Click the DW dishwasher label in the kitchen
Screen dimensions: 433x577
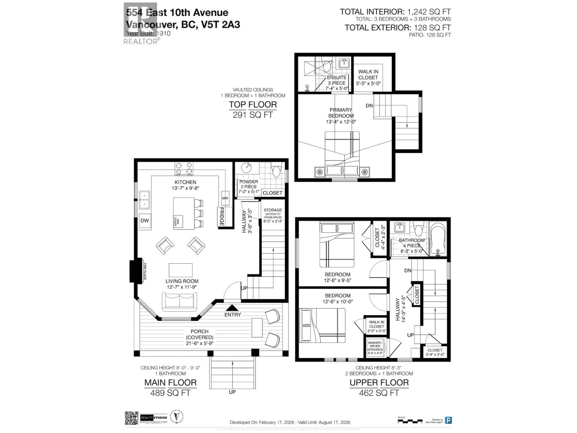tap(145, 221)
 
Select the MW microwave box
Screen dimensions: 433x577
tap(225, 198)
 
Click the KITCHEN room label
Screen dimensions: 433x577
tap(185, 182)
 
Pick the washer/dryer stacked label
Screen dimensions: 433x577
tap(375, 347)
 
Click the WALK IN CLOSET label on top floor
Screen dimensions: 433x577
tap(368, 75)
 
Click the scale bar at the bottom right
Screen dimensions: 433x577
tap(409, 421)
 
